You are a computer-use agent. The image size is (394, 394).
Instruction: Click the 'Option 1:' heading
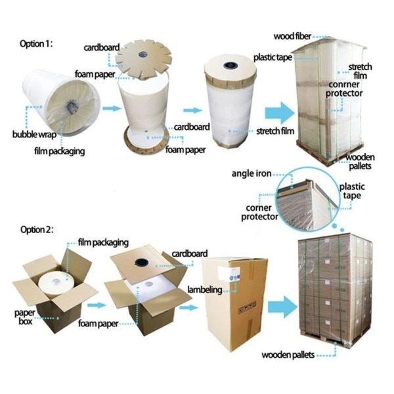pos(35,43)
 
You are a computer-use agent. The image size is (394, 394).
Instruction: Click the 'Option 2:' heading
pos(35,230)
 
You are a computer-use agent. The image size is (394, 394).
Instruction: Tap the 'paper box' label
pos(24,311)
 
